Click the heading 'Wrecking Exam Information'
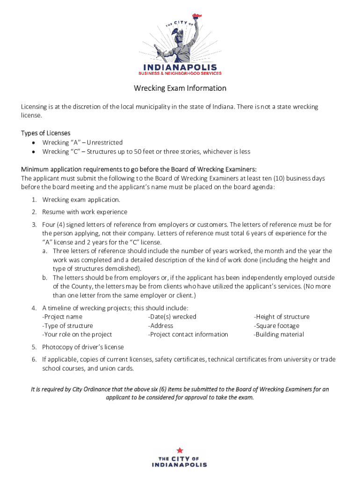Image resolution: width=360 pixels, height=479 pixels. [180, 88]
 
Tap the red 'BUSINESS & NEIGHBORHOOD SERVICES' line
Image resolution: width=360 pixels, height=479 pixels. [180, 73]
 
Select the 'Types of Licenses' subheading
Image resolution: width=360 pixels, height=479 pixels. [46, 133]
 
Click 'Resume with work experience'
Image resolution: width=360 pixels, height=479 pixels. [85, 212]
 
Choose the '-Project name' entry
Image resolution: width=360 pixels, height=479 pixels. [62, 317]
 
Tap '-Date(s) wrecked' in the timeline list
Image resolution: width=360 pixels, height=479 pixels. [172, 317]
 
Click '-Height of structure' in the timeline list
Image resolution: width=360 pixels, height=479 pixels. [281, 317]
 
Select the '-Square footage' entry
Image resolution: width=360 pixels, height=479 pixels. [276, 326]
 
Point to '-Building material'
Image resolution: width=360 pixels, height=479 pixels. [279, 334]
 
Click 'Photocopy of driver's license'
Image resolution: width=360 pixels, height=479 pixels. [83, 347]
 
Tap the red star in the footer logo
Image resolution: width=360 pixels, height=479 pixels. [180, 450]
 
